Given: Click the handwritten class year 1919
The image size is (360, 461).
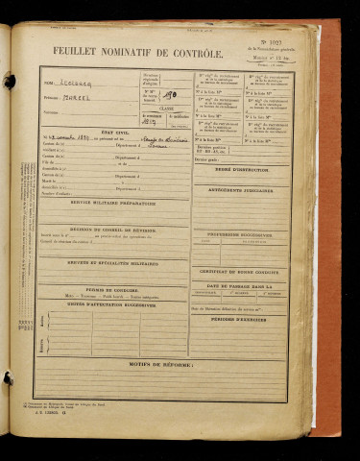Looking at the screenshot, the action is tap(149, 122).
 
